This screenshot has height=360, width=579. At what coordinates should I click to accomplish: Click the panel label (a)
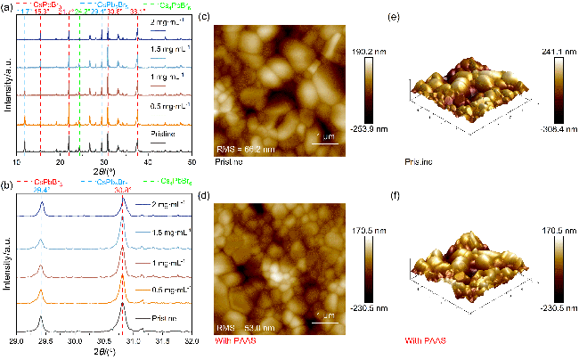7,5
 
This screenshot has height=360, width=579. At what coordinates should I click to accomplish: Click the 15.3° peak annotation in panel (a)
41,12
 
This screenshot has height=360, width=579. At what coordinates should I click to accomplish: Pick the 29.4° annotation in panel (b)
42,190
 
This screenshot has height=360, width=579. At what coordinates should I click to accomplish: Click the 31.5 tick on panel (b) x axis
162,341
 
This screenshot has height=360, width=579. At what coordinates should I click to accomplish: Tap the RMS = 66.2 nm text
244,147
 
